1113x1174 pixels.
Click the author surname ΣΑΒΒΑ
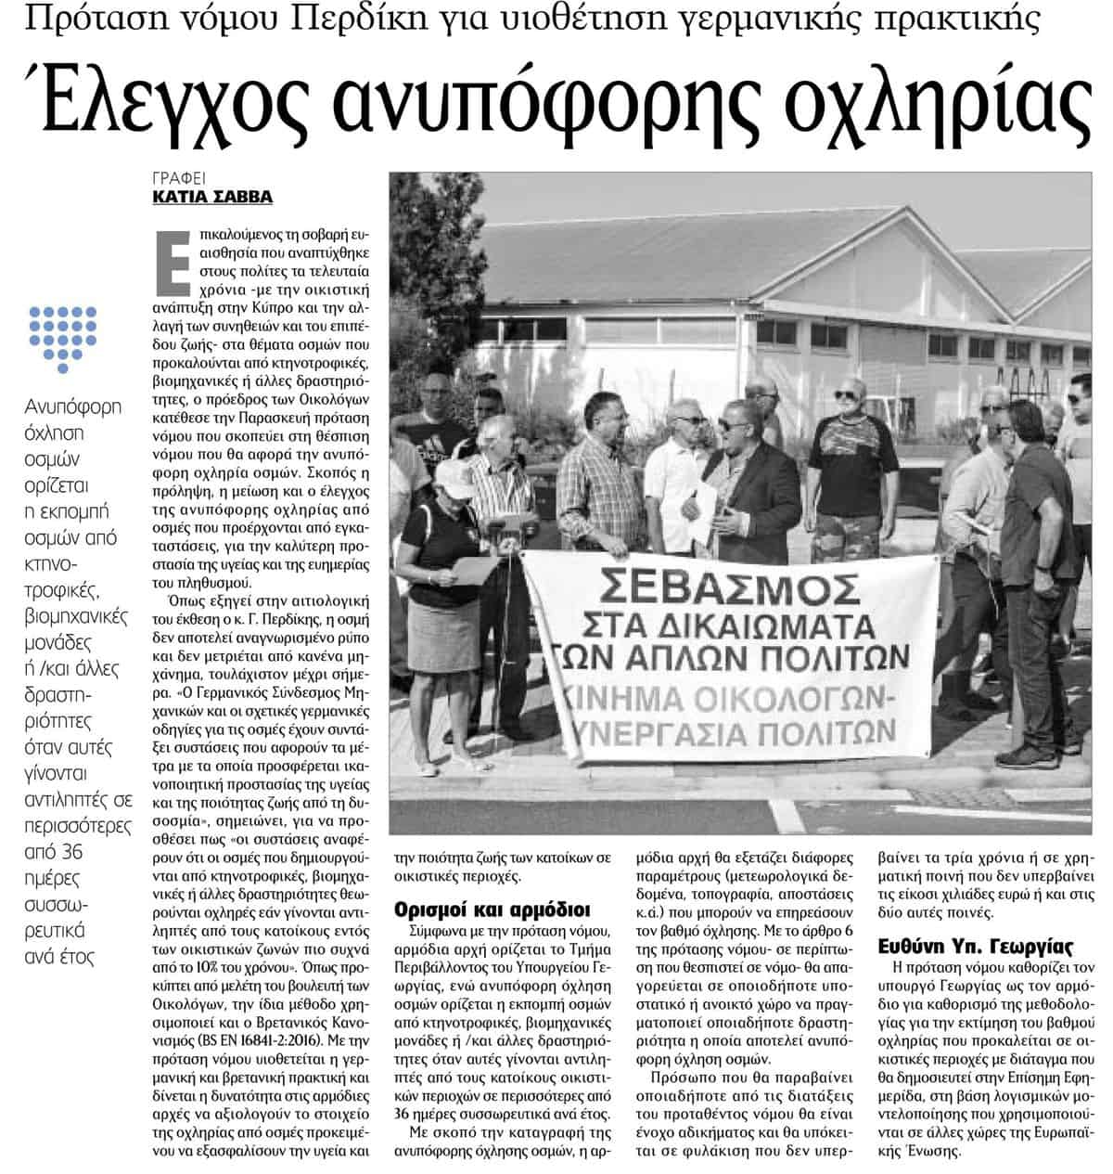[243, 197]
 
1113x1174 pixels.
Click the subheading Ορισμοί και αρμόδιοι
[491, 909]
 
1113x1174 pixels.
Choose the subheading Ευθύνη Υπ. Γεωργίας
[976, 948]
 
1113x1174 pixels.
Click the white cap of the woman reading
[454, 477]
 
